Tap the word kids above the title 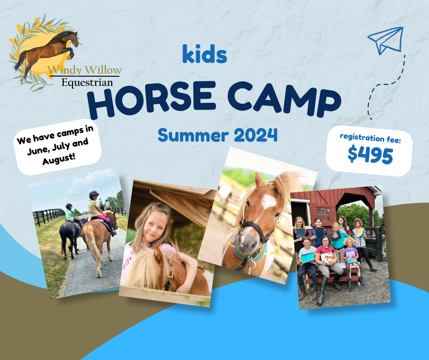coord(204,54)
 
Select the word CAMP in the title coord(284,99)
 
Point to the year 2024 coord(256,135)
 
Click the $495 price coord(370,155)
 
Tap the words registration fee coord(370,138)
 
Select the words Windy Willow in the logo coord(84,70)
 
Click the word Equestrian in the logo coord(87,83)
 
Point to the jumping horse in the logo coord(47,51)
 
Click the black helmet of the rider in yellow coord(94,194)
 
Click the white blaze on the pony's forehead coord(269,201)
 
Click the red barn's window coord(323,215)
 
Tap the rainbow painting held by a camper coord(360,233)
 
